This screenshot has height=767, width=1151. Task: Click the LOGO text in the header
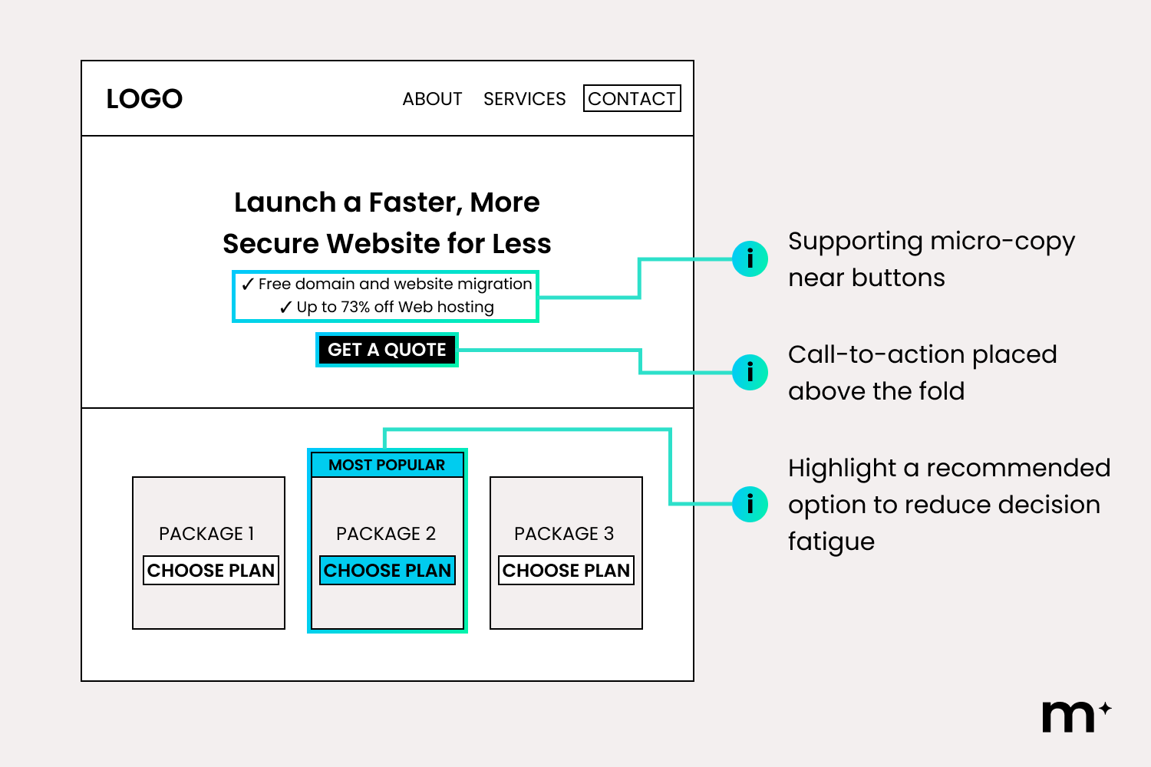144,99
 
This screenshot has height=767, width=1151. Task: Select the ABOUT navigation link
432,99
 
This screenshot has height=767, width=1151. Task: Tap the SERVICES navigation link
524,99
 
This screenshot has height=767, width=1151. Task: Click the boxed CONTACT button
632,99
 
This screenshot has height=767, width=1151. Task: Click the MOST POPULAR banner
387,465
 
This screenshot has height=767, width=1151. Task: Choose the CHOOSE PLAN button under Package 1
211,571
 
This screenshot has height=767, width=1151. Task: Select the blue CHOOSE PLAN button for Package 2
388,571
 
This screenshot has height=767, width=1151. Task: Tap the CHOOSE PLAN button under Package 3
566,571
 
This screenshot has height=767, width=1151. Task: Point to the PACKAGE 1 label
206,534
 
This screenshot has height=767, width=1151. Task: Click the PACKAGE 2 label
386,534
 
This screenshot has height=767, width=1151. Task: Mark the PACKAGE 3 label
564,534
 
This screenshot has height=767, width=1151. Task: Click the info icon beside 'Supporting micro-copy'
750,258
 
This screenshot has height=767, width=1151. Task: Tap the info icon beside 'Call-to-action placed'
750,372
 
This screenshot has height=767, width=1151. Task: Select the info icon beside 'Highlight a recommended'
750,504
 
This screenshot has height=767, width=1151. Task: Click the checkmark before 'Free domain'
248,285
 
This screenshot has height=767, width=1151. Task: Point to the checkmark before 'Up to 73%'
286,308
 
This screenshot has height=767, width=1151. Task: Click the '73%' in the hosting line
355,307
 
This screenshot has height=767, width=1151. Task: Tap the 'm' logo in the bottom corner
1068,717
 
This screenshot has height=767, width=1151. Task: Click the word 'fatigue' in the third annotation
831,542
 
